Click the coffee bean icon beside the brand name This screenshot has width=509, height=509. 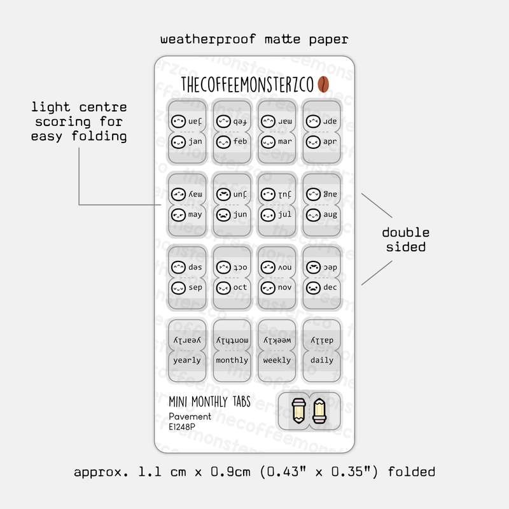coord(323,85)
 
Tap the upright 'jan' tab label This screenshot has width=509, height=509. coord(195,141)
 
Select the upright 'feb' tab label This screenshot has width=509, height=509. coord(240,141)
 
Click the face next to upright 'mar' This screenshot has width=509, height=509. coord(267,141)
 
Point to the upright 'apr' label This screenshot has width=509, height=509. coord(330,141)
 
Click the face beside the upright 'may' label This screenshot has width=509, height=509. coord(178,214)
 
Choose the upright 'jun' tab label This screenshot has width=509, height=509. coord(240,214)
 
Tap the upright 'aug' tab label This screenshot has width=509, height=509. coord(330,214)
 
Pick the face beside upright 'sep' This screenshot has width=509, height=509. coord(178,288)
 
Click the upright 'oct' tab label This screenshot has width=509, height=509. coord(240,288)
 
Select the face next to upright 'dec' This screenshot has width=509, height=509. coord(312,288)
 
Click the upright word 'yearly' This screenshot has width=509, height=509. coord(187,360)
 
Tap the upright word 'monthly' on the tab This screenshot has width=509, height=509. coord(232,360)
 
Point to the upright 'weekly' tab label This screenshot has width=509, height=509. coord(277,360)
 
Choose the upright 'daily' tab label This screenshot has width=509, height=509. coord(321,360)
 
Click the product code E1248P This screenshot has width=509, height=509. coord(182,428)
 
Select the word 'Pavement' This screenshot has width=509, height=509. coord(190,417)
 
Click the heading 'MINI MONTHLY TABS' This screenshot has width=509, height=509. coord(209,402)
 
